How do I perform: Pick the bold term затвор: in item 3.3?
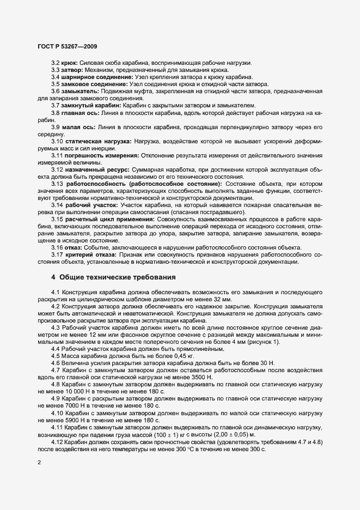(74, 71)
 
